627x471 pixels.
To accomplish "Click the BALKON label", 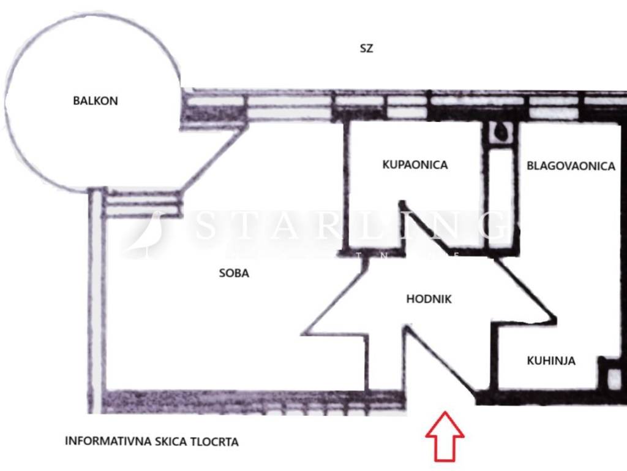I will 95,101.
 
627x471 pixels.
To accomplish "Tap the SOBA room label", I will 234,274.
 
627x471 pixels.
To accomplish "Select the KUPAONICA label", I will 415,165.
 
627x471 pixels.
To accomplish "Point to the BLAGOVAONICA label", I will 571,166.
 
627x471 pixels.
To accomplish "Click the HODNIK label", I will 429,299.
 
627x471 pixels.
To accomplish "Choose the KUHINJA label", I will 551,361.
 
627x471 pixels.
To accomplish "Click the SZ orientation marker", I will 366,48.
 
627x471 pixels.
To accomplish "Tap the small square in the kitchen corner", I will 612,377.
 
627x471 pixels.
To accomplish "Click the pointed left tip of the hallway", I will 304,333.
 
